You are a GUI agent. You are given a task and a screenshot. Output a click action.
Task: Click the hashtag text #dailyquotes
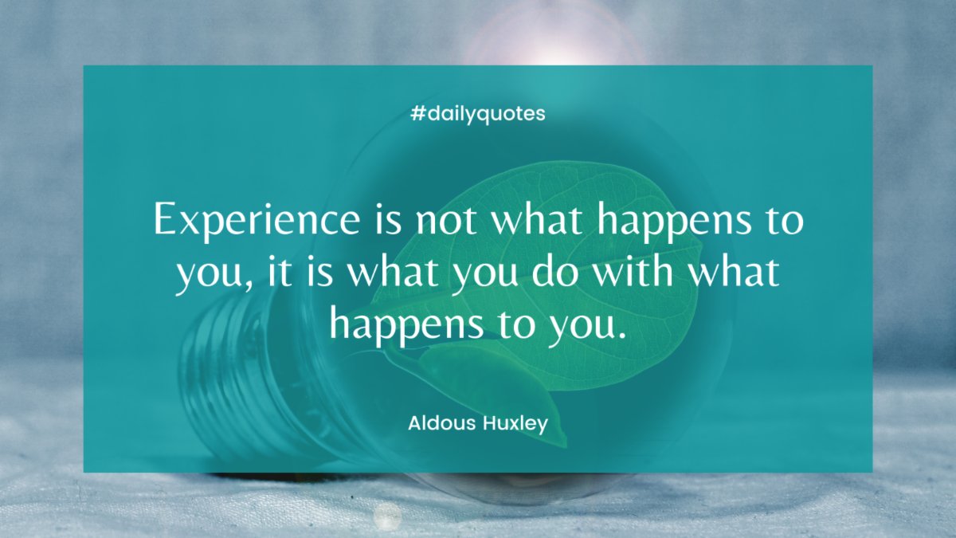pos(478,114)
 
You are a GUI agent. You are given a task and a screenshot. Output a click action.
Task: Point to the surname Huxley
pos(515,423)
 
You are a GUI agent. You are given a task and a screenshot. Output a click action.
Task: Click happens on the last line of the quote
pos(413,326)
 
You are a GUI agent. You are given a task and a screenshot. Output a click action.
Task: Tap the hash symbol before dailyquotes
pos(417,114)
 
